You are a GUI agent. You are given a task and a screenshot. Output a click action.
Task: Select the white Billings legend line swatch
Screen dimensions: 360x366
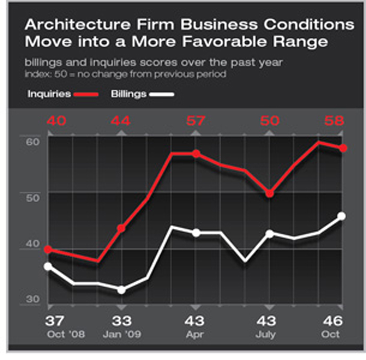pos(161,95)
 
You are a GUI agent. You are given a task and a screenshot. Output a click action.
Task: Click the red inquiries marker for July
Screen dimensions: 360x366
pos(270,193)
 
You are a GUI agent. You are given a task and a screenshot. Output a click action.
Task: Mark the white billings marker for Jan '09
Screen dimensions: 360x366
pos(121,289)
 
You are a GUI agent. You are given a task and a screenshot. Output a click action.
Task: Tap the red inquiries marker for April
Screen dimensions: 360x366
pos(196,154)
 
